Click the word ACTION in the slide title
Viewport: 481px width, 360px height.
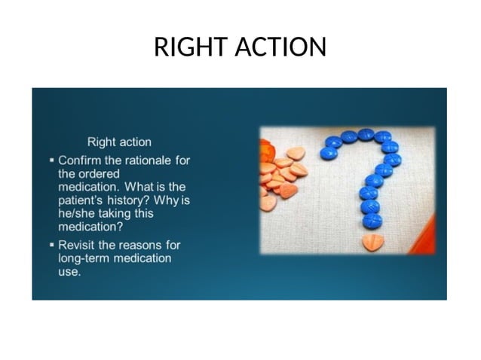click(280, 47)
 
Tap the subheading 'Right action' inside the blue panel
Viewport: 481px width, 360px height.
click(119, 142)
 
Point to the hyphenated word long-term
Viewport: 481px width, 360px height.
click(84, 258)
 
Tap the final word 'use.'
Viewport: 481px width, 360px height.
click(69, 271)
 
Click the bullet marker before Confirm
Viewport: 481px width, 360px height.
click(51, 160)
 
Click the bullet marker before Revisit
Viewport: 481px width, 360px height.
click(51, 245)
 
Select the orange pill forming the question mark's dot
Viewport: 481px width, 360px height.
click(372, 242)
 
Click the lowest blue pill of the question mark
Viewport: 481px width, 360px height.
click(372, 221)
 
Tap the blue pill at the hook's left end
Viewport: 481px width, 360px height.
click(329, 153)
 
